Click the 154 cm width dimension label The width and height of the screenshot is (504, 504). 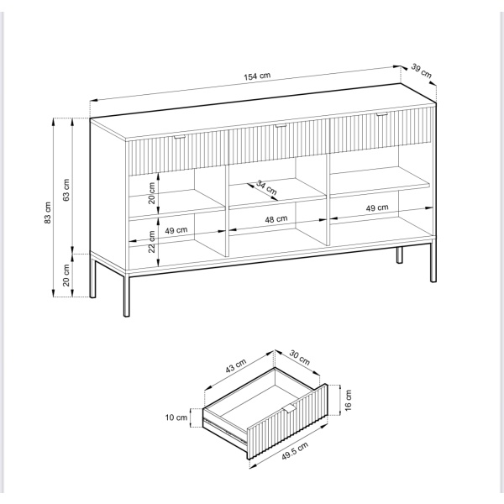pos(257,76)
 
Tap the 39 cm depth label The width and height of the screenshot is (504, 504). pos(422,71)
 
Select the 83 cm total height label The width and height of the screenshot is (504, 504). pos(48,213)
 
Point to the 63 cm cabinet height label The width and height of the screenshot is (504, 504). pos(66,190)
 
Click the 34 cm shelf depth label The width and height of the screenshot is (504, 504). pos(266,187)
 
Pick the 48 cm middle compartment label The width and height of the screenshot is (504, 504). pos(276,219)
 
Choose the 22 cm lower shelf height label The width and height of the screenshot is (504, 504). pos(152,242)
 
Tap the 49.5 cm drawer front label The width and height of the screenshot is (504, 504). pos(295,451)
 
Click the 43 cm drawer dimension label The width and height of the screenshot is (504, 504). pos(235,366)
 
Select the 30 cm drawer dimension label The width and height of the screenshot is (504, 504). pos(300,358)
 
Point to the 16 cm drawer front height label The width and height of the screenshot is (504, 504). pos(349,400)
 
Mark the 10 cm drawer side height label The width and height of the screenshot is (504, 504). pos(176,417)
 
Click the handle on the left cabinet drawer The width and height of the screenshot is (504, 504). pos(180,138)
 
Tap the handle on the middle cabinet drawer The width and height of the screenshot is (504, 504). pos(281,126)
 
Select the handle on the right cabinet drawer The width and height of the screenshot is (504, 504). pos(382,114)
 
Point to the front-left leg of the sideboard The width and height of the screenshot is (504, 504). pos(127,296)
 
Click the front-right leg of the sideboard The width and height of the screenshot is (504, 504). pos(433,260)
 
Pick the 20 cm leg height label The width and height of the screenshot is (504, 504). pos(66,276)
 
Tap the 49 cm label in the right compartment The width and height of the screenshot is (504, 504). pos(377,208)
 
